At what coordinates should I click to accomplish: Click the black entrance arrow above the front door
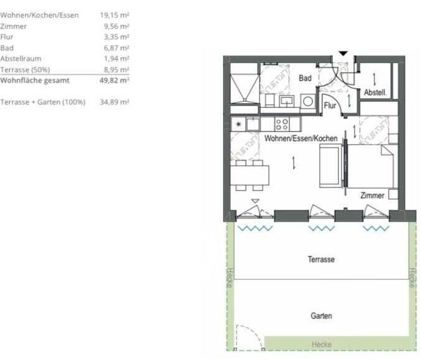pyautogui.click(x=343, y=53)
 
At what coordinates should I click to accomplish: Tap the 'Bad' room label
pyautogui.click(x=305, y=78)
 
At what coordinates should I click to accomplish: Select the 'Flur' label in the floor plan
pyautogui.click(x=330, y=106)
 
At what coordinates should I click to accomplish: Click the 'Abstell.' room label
pyautogui.click(x=375, y=92)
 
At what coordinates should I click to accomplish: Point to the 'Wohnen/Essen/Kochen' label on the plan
pyautogui.click(x=301, y=138)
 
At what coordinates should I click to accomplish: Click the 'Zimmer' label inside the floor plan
pyautogui.click(x=372, y=196)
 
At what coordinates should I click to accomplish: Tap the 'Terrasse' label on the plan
pyautogui.click(x=321, y=259)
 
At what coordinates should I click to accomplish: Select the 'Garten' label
pyautogui.click(x=321, y=316)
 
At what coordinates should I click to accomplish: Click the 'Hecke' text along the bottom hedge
pyautogui.click(x=322, y=344)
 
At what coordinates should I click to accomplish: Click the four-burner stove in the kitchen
pyautogui.click(x=282, y=124)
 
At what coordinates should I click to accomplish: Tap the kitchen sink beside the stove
pyautogui.click(x=253, y=124)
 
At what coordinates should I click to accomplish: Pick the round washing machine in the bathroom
pyautogui.click(x=308, y=101)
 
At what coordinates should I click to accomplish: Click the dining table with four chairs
pyautogui.click(x=250, y=175)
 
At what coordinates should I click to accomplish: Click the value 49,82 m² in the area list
pyautogui.click(x=114, y=80)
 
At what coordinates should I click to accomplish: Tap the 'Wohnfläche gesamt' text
pyautogui.click(x=35, y=80)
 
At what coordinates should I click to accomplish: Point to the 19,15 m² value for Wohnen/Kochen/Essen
pyautogui.click(x=114, y=15)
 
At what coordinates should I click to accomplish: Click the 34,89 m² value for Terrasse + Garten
pyautogui.click(x=114, y=102)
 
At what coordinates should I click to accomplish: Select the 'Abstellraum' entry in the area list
pyautogui.click(x=20, y=58)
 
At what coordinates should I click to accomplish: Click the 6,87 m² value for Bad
pyautogui.click(x=116, y=48)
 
